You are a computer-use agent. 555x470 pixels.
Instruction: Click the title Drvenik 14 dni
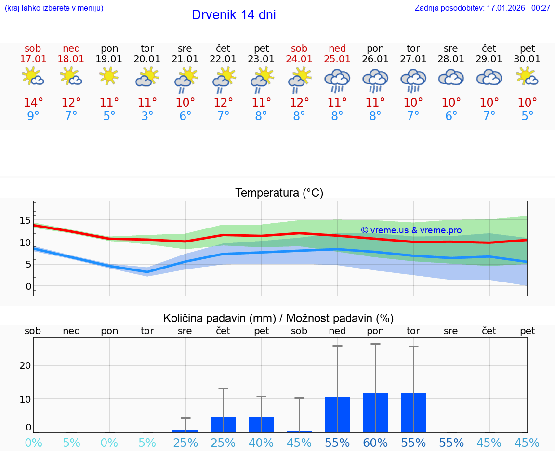click(x=234, y=15)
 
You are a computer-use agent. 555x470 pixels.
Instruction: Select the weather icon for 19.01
click(x=109, y=76)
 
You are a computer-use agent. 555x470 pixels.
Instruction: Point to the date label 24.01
click(x=299, y=59)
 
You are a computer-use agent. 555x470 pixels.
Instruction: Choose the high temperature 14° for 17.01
click(x=33, y=103)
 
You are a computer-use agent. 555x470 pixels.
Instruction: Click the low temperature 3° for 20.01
click(x=147, y=116)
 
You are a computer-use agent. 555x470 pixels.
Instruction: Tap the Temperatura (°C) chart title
click(x=279, y=193)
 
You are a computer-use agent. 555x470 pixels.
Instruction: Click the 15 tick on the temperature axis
click(x=25, y=220)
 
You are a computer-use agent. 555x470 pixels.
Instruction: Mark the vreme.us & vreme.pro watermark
click(x=411, y=230)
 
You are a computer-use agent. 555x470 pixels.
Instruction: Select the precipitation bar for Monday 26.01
click(x=375, y=413)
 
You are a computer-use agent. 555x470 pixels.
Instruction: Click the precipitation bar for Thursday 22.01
click(x=223, y=425)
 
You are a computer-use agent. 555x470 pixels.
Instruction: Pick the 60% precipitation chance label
click(x=375, y=443)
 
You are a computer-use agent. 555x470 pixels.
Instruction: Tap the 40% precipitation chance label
click(x=261, y=443)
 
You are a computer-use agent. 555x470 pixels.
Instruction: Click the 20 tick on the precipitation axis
click(x=25, y=365)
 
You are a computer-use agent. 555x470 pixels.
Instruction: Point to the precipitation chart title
click(x=278, y=318)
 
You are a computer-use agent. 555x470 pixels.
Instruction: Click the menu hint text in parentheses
click(x=54, y=8)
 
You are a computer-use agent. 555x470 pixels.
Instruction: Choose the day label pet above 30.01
click(x=528, y=48)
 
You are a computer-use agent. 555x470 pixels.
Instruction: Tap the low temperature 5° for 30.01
click(x=528, y=116)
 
